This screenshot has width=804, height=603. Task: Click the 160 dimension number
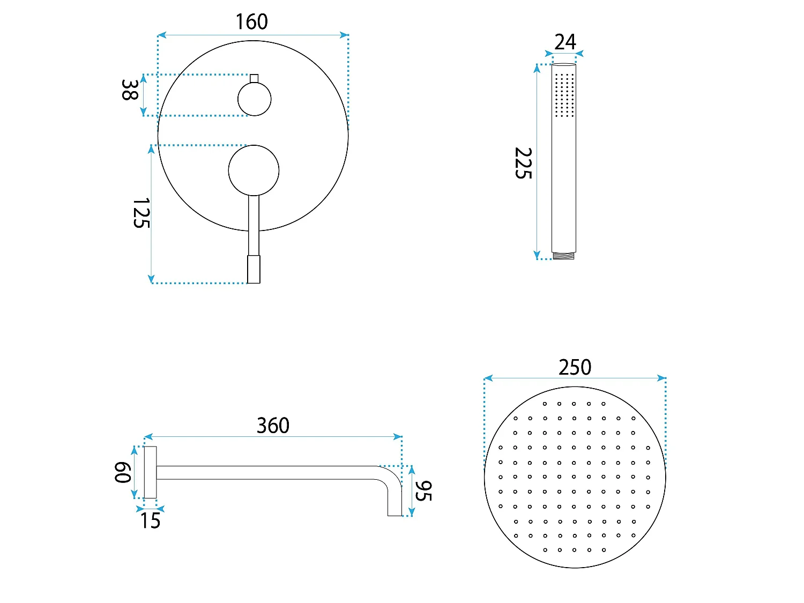[251, 21]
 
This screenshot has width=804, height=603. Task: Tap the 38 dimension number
[130, 90]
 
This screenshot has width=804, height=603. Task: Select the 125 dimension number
[142, 213]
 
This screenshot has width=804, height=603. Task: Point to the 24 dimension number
[565, 42]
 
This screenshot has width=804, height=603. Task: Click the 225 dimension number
[523, 163]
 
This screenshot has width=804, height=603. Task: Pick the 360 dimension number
[273, 426]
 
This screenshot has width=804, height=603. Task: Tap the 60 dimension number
[123, 472]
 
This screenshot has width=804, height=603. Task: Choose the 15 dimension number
[150, 520]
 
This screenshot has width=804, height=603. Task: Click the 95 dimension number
[423, 490]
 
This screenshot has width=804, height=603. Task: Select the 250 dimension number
[575, 367]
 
